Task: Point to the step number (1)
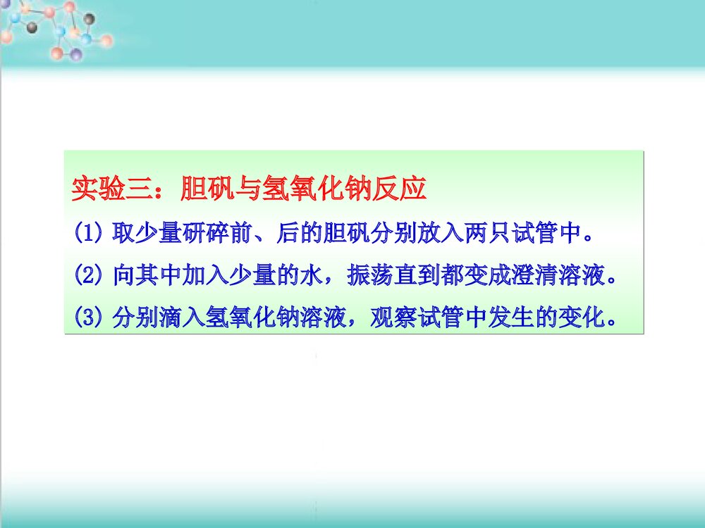click(x=89, y=232)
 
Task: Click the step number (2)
click(x=89, y=275)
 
